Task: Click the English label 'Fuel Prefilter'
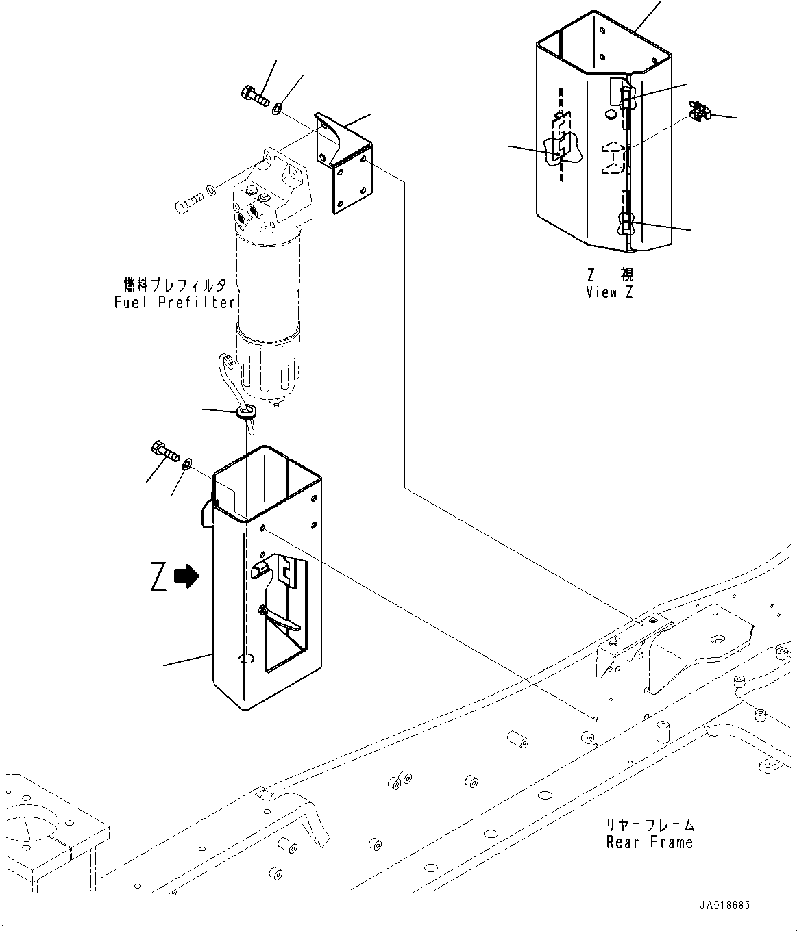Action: (x=175, y=302)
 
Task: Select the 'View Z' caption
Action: (x=609, y=292)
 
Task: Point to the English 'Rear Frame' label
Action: (x=649, y=843)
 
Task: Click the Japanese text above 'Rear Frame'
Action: (x=650, y=825)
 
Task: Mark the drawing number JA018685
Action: (x=724, y=905)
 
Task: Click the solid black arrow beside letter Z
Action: (x=187, y=576)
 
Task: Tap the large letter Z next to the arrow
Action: (x=158, y=576)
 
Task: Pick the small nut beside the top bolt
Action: (x=278, y=108)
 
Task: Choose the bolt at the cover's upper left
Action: (x=164, y=452)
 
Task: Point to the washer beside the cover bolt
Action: (x=187, y=465)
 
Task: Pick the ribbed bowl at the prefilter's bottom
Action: (x=267, y=364)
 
